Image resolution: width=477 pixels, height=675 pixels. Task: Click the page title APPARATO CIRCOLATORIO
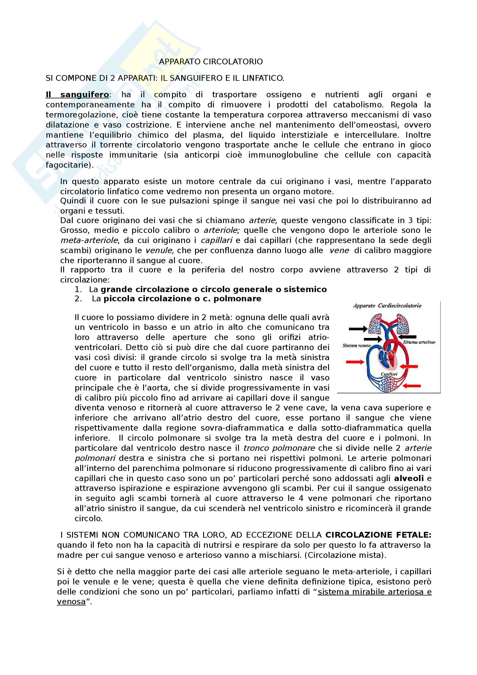(x=211, y=62)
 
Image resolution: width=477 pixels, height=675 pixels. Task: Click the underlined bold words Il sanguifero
(x=77, y=95)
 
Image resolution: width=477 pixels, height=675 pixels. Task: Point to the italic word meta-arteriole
(x=89, y=240)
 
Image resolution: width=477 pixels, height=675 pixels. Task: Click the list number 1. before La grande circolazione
(x=78, y=289)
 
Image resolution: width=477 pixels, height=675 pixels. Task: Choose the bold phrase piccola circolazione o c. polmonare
(x=182, y=299)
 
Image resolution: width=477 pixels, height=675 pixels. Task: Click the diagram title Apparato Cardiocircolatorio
(x=387, y=306)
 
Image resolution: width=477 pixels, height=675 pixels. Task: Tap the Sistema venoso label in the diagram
(x=356, y=345)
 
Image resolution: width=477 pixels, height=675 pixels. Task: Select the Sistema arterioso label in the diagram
(x=419, y=342)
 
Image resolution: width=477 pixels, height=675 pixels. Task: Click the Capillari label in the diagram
(x=389, y=374)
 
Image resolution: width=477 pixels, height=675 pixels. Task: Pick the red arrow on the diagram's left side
(x=355, y=362)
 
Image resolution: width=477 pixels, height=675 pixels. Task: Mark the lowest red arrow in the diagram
(x=411, y=386)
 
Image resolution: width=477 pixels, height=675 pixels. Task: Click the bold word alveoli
(x=409, y=478)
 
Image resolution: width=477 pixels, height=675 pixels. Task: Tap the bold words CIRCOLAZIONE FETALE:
(x=378, y=535)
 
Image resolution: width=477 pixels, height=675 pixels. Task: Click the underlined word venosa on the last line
(x=71, y=602)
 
